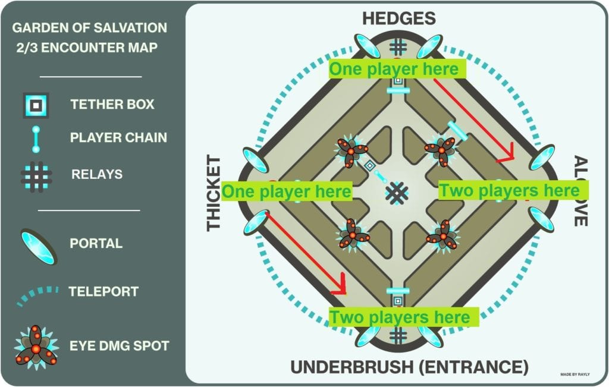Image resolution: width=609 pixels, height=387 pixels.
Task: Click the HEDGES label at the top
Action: [x=399, y=18]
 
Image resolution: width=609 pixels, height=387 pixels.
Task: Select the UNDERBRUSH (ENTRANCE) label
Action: [x=409, y=367]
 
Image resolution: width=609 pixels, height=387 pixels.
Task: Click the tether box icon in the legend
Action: [x=36, y=105]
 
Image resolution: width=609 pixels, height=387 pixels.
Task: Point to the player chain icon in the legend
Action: [x=36, y=138]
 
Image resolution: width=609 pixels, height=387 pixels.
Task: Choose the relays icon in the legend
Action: [x=36, y=174]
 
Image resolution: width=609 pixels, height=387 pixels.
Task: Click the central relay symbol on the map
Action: [x=397, y=192]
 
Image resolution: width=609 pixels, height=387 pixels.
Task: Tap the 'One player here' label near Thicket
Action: [x=287, y=191]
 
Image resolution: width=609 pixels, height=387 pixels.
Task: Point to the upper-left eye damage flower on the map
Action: [x=351, y=151]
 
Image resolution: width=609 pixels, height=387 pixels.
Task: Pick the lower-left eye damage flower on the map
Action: [x=352, y=234]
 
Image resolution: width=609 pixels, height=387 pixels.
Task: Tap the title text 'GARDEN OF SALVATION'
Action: [x=90, y=28]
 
